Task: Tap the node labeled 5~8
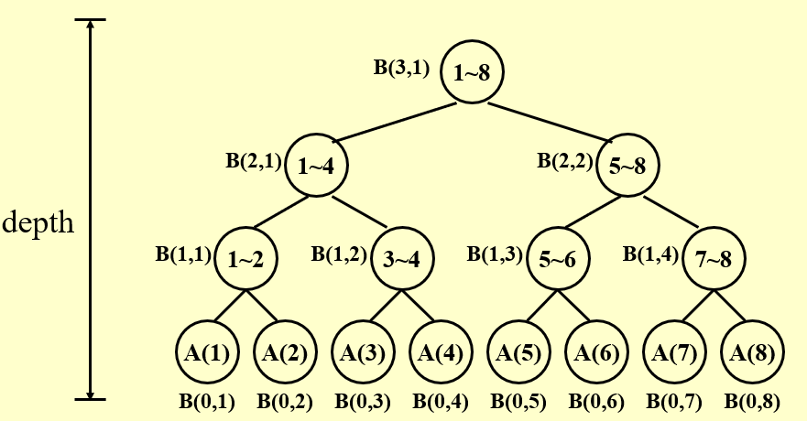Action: coord(627,167)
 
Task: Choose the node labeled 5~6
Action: coord(557,258)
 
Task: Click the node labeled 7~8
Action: coord(713,258)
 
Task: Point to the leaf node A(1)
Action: coord(206,352)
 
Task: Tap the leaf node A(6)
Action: coord(595,352)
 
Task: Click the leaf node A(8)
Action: coord(752,352)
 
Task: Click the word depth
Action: coord(38,222)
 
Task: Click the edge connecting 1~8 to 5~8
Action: coord(550,119)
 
